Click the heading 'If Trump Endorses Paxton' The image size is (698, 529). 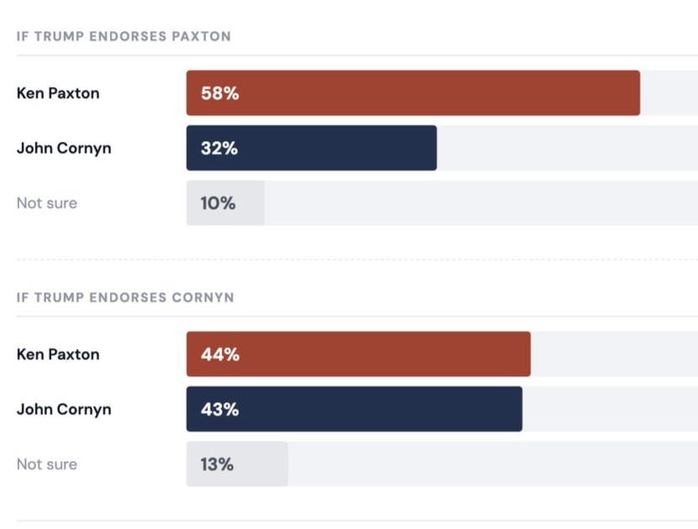(x=124, y=36)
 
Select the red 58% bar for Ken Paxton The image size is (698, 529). (x=413, y=93)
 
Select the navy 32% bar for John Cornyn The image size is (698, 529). (x=311, y=149)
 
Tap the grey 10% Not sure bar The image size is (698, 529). (x=225, y=203)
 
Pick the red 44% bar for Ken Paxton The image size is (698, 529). (x=358, y=354)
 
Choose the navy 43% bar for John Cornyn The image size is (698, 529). (x=354, y=410)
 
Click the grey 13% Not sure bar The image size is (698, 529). (x=237, y=464)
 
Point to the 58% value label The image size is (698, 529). (x=219, y=93)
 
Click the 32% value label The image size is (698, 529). (x=219, y=149)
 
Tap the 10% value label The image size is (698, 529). (x=218, y=203)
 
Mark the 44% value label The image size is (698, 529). (x=219, y=354)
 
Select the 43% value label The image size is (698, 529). (x=219, y=410)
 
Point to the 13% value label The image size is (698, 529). (x=217, y=464)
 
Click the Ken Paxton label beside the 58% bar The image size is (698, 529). (x=58, y=93)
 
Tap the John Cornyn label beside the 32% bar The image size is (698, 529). (x=64, y=149)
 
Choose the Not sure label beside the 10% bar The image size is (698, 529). (x=47, y=203)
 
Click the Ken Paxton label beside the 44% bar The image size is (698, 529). (x=58, y=354)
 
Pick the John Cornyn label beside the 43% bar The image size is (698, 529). (x=64, y=410)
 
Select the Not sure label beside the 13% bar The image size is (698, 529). (x=47, y=464)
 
